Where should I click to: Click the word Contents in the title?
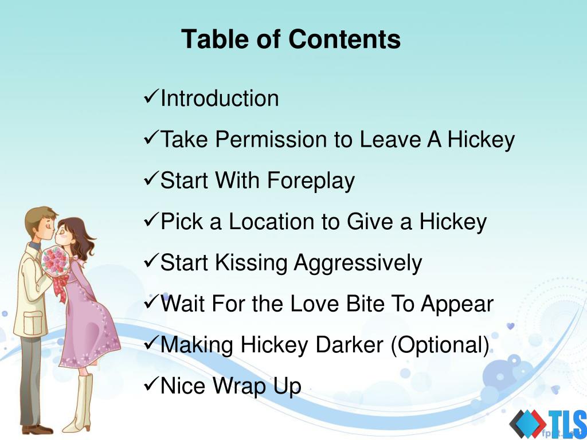click(x=345, y=39)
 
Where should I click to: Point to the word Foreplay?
click(x=311, y=181)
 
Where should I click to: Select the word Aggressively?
click(x=358, y=263)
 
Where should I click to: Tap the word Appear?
click(x=457, y=304)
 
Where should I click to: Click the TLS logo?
click(x=547, y=424)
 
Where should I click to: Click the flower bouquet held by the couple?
click(x=55, y=261)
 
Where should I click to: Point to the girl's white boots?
click(x=80, y=403)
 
